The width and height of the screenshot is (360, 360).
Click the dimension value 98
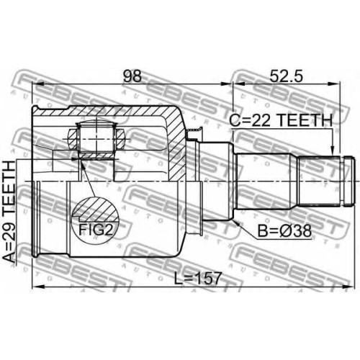(132, 76)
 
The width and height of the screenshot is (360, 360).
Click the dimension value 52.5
(287, 76)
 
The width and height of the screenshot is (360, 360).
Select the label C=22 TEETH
(281, 120)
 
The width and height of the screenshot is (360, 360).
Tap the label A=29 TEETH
(9, 212)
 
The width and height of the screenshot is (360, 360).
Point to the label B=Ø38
(284, 230)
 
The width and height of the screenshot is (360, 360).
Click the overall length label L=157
(197, 278)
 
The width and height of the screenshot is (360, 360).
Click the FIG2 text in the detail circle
(96, 230)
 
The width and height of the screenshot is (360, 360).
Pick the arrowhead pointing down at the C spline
(333, 150)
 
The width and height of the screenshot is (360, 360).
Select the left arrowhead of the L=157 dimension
(38, 287)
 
